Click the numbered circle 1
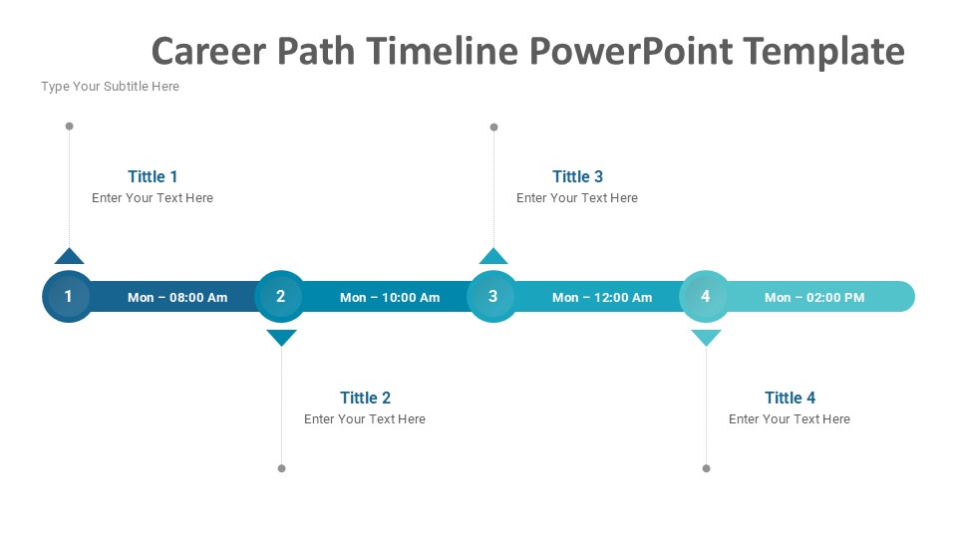pos(68,297)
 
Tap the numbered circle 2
pos(280,297)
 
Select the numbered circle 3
pos(492,297)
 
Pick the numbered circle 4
pos(705,297)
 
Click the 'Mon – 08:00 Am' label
pos(177,298)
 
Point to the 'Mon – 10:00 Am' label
pos(390,298)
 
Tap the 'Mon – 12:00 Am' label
pos(602,298)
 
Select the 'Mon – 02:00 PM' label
pos(814,298)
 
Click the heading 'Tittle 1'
pos(153,176)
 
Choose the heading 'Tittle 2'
pos(365,398)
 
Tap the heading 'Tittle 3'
pos(577,176)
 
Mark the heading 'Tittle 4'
pos(790,398)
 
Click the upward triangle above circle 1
pos(69,257)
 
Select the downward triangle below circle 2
pos(281,337)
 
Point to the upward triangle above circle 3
pos(493,257)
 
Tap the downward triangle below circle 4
pos(706,337)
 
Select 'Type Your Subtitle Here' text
pos(110,87)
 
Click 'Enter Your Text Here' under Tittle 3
pos(577,198)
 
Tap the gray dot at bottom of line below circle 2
pos(281,468)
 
